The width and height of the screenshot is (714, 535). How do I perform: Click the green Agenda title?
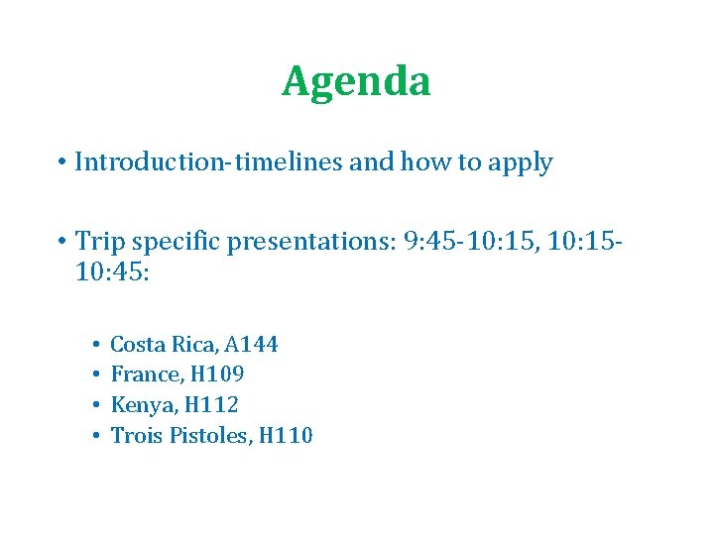356,82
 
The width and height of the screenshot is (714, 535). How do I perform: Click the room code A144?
251,345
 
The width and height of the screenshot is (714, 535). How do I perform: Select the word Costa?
138,345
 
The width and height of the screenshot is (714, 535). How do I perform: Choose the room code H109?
218,374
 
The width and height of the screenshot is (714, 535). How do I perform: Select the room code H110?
286,435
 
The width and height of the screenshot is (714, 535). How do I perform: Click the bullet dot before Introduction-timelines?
61,163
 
